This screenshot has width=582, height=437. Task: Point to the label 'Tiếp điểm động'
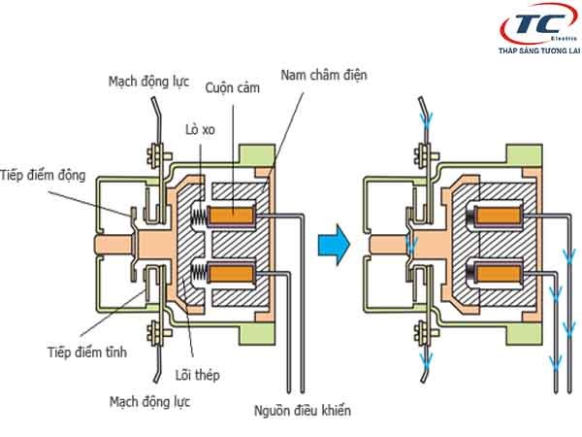(46, 176)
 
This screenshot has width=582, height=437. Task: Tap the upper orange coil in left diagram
(232, 213)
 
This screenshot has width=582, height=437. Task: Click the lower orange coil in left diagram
(232, 271)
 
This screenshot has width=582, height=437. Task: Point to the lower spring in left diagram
(197, 271)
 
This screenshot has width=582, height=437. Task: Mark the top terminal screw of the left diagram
(151, 154)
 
